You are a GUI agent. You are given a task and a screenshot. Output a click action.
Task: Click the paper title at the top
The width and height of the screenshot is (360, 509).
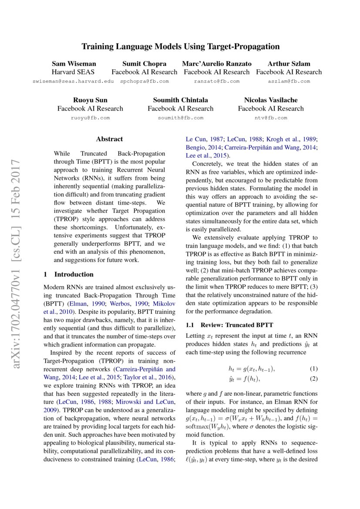(x=180, y=46)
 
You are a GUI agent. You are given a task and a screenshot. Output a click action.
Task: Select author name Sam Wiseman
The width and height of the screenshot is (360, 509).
(x=73, y=64)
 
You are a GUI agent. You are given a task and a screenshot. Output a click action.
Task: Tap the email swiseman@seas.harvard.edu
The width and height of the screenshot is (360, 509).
(x=73, y=81)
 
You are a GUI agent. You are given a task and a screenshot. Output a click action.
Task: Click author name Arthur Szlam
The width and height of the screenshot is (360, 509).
(x=289, y=64)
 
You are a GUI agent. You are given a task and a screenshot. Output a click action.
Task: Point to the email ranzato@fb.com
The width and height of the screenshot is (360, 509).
(x=216, y=81)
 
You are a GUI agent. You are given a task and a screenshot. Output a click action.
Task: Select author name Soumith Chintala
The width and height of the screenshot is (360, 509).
(x=180, y=100)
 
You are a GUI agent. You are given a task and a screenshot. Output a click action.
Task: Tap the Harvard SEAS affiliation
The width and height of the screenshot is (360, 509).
(x=73, y=72)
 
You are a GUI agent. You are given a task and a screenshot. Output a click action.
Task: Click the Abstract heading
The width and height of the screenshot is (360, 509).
(x=109, y=139)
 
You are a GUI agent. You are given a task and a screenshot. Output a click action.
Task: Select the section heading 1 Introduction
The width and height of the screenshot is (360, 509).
(x=69, y=274)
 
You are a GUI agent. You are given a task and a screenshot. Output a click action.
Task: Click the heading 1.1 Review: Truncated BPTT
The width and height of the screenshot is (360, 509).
(x=223, y=325)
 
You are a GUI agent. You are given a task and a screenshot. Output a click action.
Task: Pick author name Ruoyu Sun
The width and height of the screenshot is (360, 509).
(x=90, y=100)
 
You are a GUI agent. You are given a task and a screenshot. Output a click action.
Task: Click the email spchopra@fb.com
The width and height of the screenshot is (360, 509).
(x=144, y=81)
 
